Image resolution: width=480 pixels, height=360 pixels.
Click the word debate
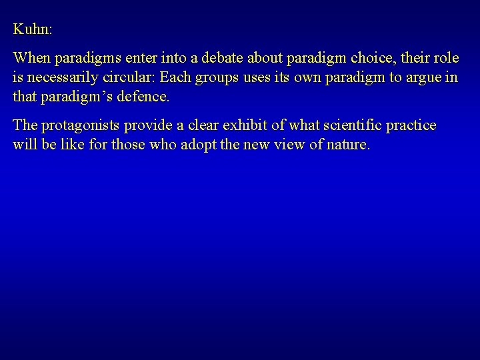pos(197,58)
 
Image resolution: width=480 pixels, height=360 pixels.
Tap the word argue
pos(424,77)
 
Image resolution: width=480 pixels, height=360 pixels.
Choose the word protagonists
pos(75,125)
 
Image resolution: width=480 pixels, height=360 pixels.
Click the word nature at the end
pos(345,145)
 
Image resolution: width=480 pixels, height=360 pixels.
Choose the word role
pos(447,58)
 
